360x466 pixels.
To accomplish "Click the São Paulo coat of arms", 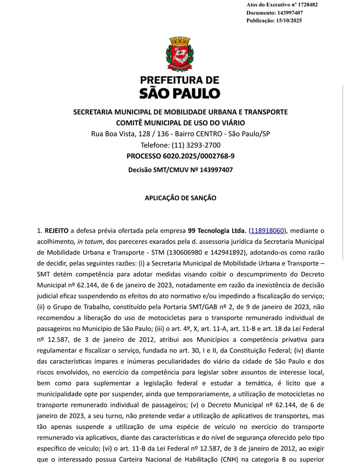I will tap(181, 54).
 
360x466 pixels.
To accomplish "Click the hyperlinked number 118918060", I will tap(268, 231).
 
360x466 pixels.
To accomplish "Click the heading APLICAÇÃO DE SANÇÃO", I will tap(180, 198).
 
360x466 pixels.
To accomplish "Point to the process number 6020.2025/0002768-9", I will tap(202, 156).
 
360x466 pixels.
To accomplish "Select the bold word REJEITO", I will tap(57, 231).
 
